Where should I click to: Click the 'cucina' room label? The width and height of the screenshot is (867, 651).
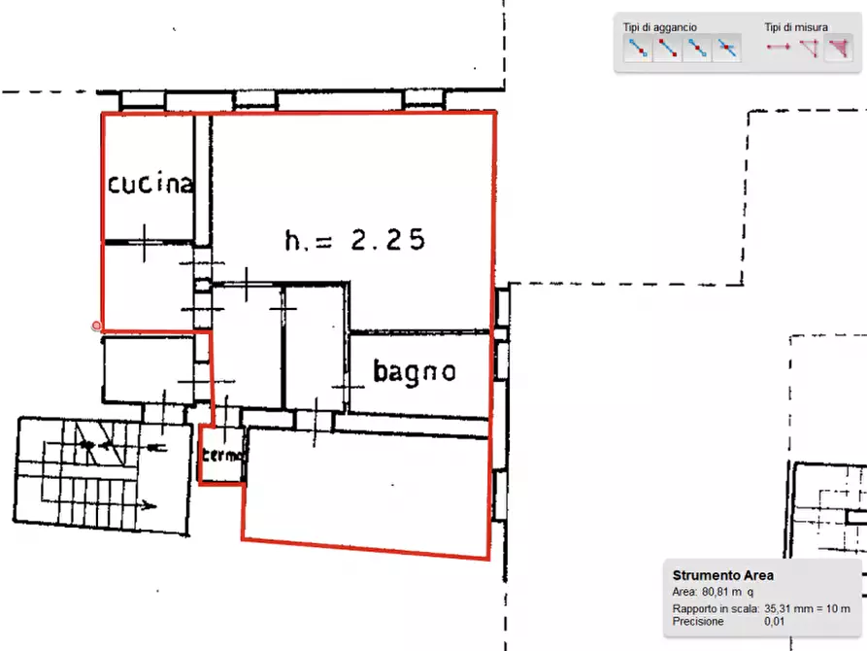tap(150, 183)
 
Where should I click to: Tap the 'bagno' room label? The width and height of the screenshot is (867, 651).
tap(415, 371)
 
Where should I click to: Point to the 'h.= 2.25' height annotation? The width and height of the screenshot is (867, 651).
tap(354, 240)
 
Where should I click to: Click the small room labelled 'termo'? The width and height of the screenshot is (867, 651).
tap(223, 455)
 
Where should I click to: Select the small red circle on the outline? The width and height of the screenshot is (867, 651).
tap(97, 326)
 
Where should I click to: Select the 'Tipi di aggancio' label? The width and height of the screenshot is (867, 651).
tap(660, 27)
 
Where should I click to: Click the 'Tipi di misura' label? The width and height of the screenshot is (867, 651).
tap(796, 27)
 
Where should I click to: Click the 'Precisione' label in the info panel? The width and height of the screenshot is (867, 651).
tap(696, 621)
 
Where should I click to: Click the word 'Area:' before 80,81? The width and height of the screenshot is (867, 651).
tap(684, 591)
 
